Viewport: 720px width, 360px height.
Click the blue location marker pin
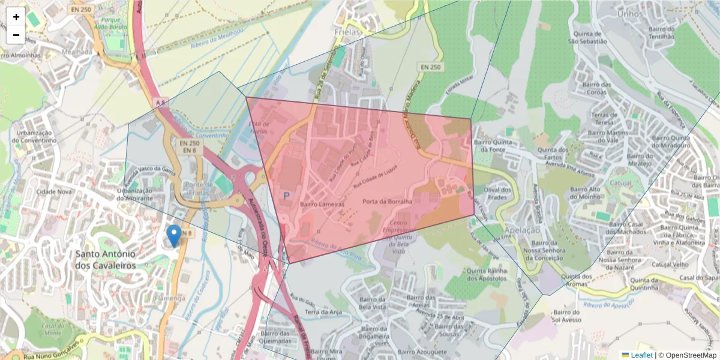coord(174,236)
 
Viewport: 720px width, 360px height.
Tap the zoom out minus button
coord(16,35)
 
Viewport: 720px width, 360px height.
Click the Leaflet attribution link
coord(641,355)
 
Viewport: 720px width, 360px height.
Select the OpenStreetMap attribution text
coord(691,355)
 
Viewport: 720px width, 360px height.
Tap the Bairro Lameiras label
coord(322,204)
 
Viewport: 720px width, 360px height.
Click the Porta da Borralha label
coord(387,202)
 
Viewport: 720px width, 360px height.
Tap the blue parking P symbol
coord(287,196)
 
